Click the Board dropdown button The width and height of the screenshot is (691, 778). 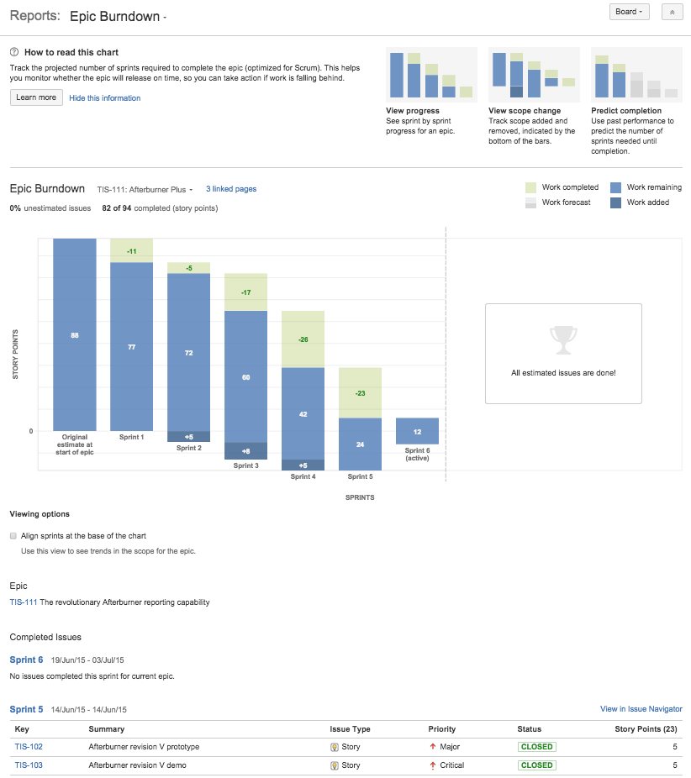tap(630, 12)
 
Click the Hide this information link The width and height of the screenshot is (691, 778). tap(104, 98)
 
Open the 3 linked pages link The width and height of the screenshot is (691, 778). tap(231, 189)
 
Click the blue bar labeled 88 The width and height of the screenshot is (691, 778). tap(75, 334)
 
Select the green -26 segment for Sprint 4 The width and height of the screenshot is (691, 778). tap(303, 339)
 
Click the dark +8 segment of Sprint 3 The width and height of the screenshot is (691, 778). tap(245, 450)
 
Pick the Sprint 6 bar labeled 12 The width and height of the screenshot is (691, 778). tap(417, 431)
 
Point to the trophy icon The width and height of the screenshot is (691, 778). tap(563, 339)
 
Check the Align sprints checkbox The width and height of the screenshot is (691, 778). tap(13, 535)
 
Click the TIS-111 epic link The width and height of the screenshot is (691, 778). tap(24, 602)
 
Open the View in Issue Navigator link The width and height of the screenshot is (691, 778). tap(641, 709)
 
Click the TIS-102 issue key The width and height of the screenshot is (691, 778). tap(29, 747)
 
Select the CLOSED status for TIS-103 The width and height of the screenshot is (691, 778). tap(536, 765)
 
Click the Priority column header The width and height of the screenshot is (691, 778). tap(442, 729)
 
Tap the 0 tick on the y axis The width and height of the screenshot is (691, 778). tap(32, 431)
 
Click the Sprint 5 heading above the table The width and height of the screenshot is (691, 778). tap(26, 710)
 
